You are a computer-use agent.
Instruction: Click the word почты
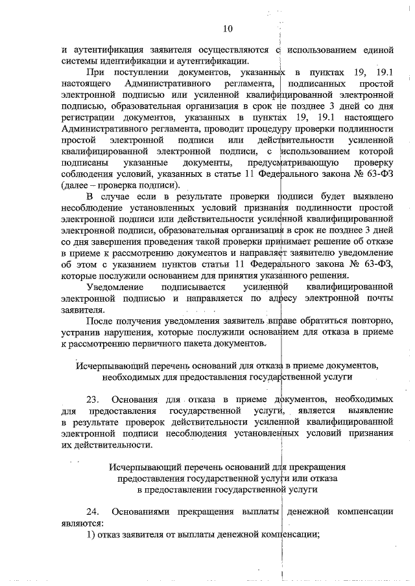point(377,299)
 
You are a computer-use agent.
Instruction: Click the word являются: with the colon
point(82,523)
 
